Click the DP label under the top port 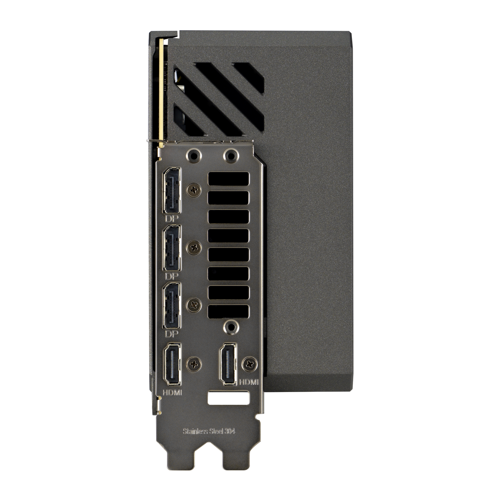click(172, 219)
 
